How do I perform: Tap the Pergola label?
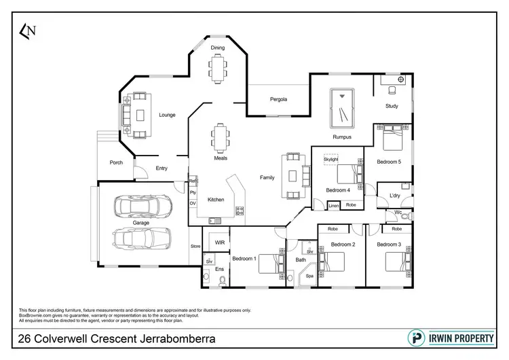point(279,99)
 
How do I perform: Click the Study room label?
point(392,106)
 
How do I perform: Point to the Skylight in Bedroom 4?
point(331,159)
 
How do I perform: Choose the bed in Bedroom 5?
point(392,140)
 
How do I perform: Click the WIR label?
point(219,242)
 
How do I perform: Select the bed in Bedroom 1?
point(269,262)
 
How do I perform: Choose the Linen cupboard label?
point(333,205)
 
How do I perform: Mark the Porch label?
point(116,162)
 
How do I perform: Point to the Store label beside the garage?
point(195,247)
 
